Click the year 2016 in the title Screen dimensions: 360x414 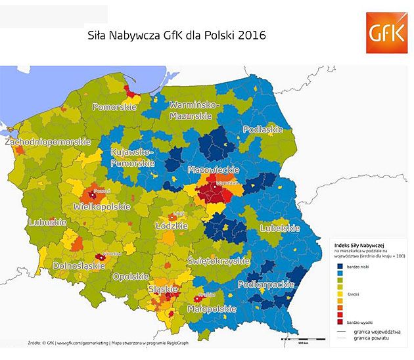point(250,34)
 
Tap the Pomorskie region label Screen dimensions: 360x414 point(114,106)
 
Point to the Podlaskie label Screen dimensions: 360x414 point(262,129)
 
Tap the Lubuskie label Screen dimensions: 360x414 point(47,223)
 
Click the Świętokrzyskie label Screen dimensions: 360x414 point(219,261)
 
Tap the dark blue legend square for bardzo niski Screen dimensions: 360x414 point(340,266)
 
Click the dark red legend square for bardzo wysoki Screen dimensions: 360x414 point(340,323)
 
